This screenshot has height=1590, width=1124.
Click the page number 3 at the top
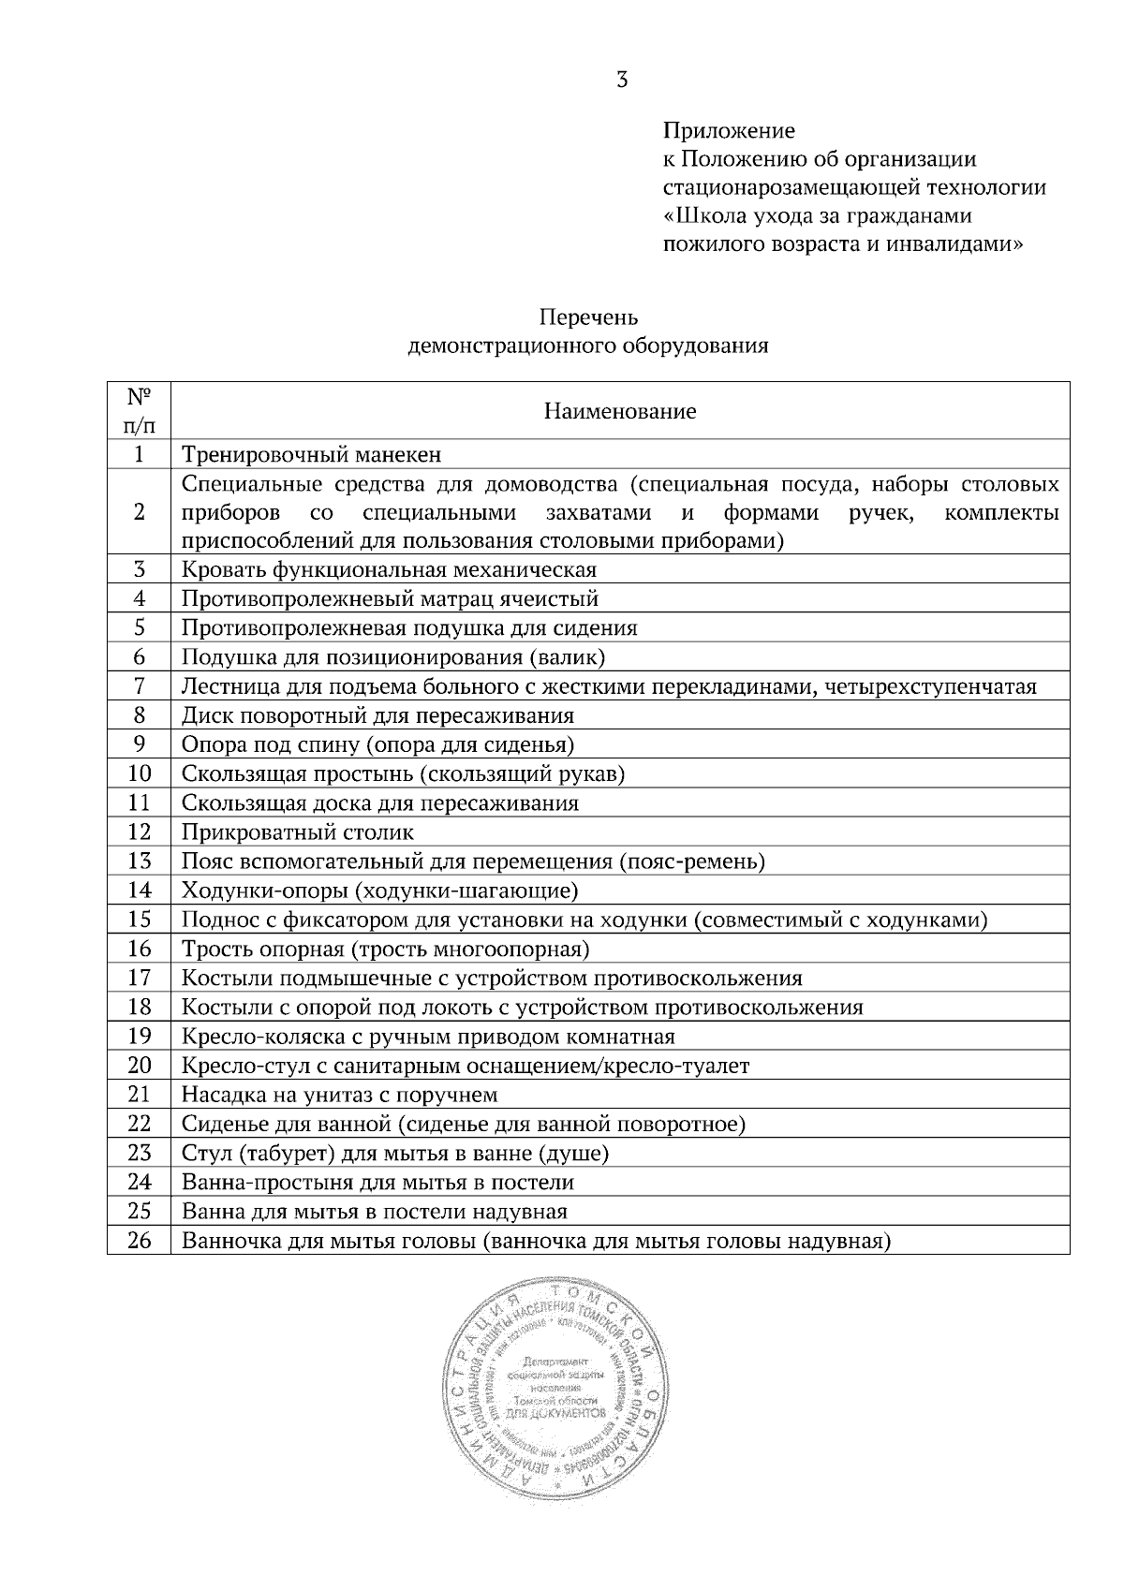coord(622,81)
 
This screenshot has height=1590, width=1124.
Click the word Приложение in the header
coord(729,130)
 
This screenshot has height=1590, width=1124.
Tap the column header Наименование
coord(620,411)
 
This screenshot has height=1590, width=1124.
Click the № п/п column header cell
coord(139,411)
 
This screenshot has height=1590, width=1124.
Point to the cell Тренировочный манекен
coord(311,455)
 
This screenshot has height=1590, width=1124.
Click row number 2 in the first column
coord(139,512)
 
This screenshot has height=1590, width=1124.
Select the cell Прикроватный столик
coord(298,832)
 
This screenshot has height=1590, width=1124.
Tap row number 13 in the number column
coord(139,861)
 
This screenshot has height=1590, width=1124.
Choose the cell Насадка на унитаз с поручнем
coord(339,1095)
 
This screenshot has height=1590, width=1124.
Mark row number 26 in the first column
coord(139,1242)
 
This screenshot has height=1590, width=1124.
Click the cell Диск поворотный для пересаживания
coord(377,716)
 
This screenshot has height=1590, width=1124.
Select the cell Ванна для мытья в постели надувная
coord(375,1212)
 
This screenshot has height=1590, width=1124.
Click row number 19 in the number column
coord(139,1037)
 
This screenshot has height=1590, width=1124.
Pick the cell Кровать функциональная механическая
coord(389,570)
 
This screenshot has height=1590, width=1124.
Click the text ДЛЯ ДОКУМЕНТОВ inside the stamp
coord(556,1411)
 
